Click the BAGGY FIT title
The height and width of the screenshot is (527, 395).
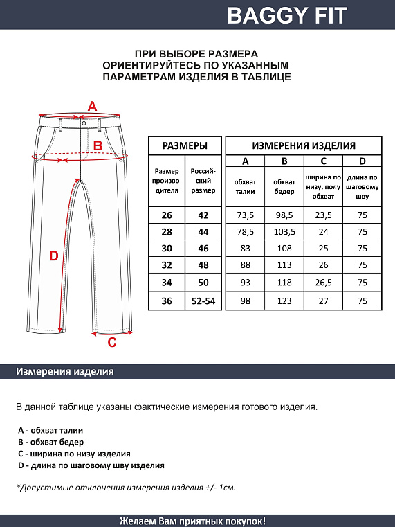coord(287,15)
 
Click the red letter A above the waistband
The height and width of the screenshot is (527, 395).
coord(92,106)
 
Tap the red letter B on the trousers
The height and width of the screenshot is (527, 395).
coord(98,145)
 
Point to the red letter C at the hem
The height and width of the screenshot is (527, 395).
coord(112,341)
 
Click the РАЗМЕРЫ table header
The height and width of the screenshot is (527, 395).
coord(184,145)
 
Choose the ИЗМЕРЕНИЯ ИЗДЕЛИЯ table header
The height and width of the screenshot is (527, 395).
coord(304,145)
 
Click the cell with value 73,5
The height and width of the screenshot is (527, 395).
coord(246,215)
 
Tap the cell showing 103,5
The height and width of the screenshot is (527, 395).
coord(284,232)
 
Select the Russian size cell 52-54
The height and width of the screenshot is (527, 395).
coord(203,301)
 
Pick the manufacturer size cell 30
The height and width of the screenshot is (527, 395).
coord(167,249)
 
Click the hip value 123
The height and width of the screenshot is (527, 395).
coord(284,301)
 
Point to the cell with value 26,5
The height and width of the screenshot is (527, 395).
coord(323,284)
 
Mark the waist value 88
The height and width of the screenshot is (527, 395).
coord(246,267)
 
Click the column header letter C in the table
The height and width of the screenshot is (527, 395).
coord(323,162)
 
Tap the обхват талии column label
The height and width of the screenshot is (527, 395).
coord(246,187)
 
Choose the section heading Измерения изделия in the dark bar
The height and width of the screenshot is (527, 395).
coord(64,372)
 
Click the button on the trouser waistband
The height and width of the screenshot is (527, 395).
coord(83,123)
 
